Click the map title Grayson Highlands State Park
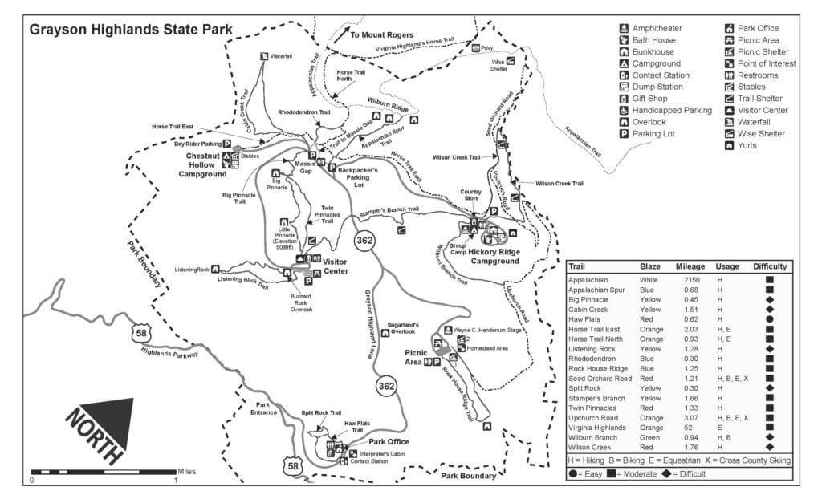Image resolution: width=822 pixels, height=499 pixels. (131, 30)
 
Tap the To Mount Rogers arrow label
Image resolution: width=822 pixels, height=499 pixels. (381, 36)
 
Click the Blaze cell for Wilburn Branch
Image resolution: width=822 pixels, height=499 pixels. (649, 438)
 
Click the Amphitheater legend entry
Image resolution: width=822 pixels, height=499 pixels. (656, 28)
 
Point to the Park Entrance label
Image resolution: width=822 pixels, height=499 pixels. (267, 408)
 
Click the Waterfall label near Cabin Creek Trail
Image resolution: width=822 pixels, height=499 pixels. (281, 57)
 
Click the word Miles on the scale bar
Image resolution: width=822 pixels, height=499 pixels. (186, 472)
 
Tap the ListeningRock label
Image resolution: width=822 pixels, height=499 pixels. (191, 269)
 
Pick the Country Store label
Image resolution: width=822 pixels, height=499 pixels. (470, 194)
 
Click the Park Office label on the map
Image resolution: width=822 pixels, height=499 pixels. (389, 442)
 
